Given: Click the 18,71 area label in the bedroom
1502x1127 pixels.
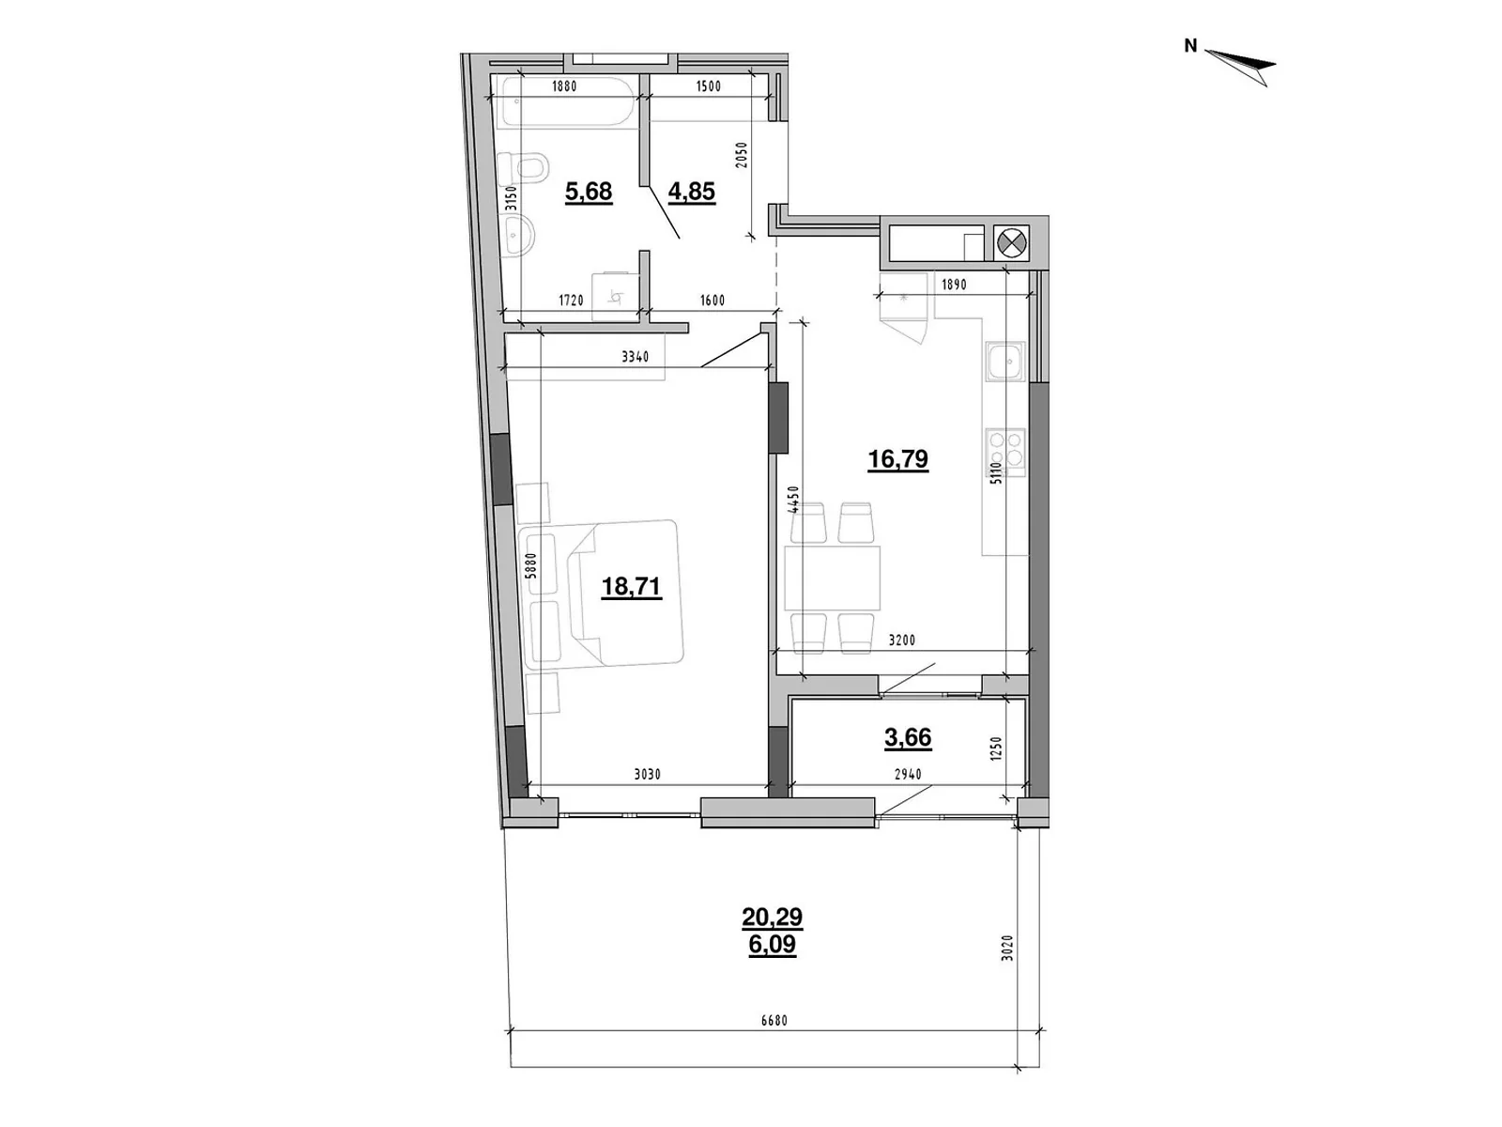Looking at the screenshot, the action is pos(630,587).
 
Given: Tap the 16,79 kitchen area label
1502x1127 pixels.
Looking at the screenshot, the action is pos(897,459).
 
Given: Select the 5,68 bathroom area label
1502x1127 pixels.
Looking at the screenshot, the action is pos(588,192).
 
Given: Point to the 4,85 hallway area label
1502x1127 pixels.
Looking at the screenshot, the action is pos(691,192).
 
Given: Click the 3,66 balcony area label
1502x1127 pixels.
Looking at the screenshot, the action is pos(908,737).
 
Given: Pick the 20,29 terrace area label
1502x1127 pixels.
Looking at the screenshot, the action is pos(772,917).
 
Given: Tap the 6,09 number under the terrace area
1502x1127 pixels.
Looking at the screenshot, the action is pos(772,945).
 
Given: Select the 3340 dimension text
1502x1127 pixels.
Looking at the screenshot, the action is pos(635,357).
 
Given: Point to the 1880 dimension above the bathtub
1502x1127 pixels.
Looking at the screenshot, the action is pos(564,86).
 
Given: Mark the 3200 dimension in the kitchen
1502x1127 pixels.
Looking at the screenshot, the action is pos(901,641).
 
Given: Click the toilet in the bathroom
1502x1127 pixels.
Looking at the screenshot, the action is pos(521,168).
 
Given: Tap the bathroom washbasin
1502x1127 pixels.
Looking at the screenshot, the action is pos(521,236).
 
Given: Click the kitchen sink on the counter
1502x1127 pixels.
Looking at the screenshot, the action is pos(1004,361).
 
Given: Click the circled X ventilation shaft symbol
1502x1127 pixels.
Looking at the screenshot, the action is pos(1012,242).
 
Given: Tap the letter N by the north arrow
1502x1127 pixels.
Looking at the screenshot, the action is pos(1190,46).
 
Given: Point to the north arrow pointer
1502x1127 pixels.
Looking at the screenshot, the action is pos(1240,67).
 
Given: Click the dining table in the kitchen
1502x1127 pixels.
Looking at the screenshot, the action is pos(832,579).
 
